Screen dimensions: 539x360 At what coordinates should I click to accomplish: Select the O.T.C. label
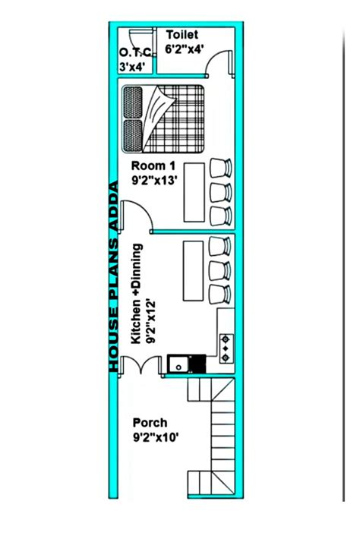[x=135, y=52]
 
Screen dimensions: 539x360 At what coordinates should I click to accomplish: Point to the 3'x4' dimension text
[x=134, y=67]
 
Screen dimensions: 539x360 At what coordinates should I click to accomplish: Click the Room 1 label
[x=153, y=165]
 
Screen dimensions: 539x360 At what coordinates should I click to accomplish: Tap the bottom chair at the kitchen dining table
[x=219, y=293]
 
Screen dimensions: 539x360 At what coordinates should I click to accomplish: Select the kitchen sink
[x=179, y=364]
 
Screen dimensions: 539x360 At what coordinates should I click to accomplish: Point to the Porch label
[x=150, y=423]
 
